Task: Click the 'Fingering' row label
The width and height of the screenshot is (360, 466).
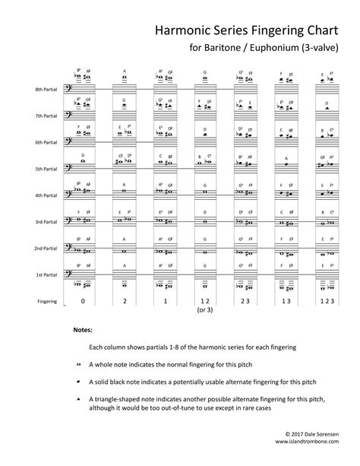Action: click(47, 301)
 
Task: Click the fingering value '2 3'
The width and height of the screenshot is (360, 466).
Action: click(245, 302)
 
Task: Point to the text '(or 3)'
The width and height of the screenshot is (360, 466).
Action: click(204, 311)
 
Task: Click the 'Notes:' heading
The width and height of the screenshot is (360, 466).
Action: click(83, 331)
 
